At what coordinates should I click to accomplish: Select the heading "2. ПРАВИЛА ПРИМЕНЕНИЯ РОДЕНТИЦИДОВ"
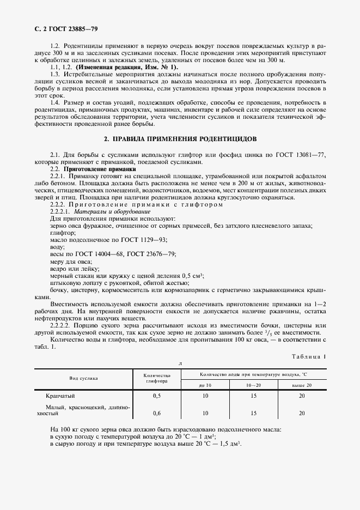[x=180, y=139]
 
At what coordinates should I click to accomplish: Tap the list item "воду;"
[x=57, y=246]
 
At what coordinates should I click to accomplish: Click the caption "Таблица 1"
[x=309, y=356]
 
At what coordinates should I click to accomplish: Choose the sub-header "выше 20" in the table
[x=302, y=385]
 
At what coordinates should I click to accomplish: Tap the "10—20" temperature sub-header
[x=254, y=385]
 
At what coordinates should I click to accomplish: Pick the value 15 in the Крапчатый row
[x=254, y=396]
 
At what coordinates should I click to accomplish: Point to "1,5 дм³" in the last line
[x=228, y=444]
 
